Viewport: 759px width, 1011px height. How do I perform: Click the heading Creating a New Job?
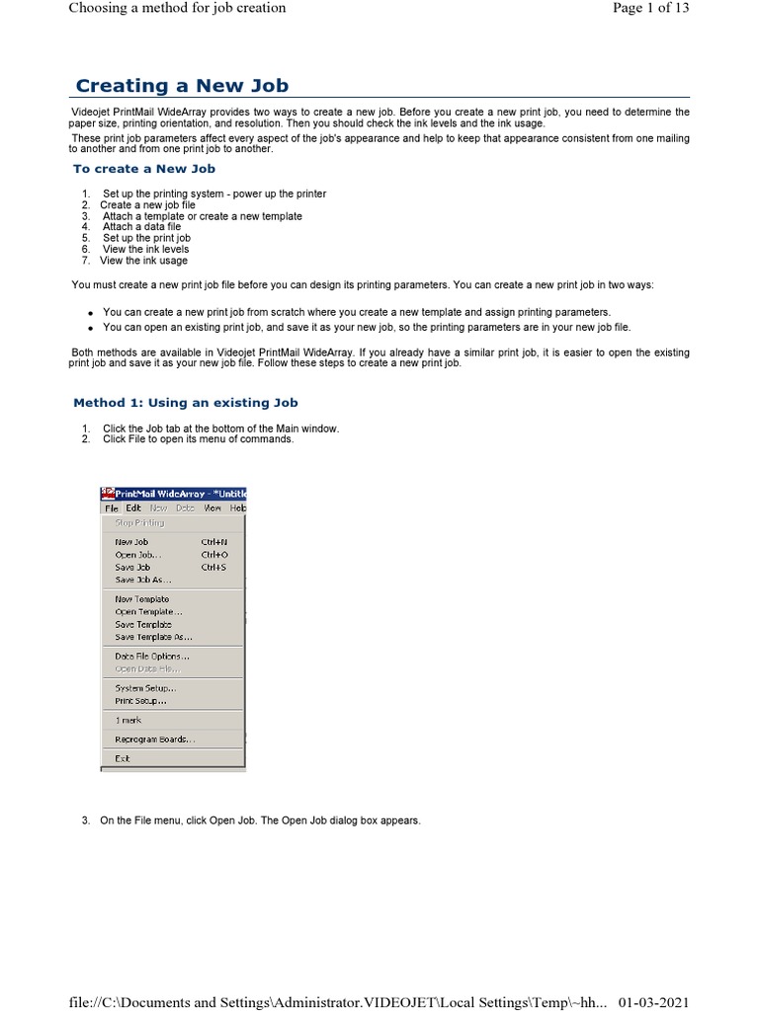point(182,86)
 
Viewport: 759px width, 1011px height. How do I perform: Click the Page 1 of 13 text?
point(650,8)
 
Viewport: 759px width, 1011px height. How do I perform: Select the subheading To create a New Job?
point(144,169)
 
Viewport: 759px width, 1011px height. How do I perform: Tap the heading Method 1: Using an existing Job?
point(186,403)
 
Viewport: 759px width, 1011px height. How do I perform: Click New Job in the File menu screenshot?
point(131,542)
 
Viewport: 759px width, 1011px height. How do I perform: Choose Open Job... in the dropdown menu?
point(137,555)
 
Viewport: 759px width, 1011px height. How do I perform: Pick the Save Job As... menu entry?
point(142,580)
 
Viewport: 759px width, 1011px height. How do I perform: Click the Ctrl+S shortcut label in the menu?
point(213,568)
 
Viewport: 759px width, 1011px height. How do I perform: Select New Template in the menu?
point(142,599)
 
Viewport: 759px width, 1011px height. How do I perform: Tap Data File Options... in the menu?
point(152,656)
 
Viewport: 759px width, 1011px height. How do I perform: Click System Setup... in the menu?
point(145,688)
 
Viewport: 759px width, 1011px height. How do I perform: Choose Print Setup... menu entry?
point(140,701)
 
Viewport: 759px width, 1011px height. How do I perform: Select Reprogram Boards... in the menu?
point(155,739)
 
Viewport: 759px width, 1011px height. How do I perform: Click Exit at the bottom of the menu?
point(123,758)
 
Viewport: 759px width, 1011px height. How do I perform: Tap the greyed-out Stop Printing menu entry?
point(139,523)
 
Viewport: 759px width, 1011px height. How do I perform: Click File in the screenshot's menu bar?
point(112,508)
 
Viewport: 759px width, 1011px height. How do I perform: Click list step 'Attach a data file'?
point(141,227)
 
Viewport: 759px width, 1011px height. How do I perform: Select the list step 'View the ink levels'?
point(145,250)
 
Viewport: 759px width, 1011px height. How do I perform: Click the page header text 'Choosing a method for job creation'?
point(177,8)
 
